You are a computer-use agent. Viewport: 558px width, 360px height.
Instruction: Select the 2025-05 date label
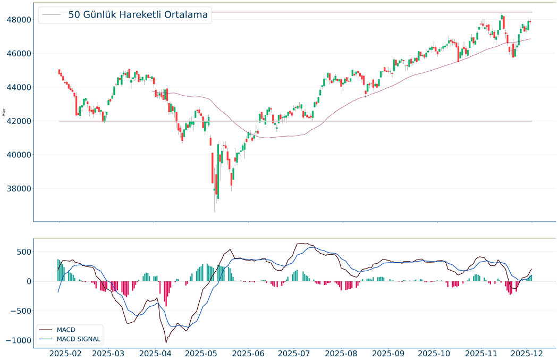click(x=202, y=353)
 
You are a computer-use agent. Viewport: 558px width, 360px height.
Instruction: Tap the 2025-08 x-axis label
click(x=342, y=353)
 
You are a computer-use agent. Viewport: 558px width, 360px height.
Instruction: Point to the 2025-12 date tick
click(x=527, y=353)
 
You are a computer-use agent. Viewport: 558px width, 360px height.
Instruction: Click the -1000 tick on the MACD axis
click(x=15, y=340)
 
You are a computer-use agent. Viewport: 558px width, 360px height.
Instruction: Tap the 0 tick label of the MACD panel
click(x=27, y=281)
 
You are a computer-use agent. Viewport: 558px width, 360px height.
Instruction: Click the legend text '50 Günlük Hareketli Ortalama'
click(x=138, y=15)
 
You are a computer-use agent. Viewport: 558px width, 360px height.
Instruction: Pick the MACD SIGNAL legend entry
click(x=78, y=339)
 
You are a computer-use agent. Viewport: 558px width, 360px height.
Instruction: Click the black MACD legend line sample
click(x=46, y=330)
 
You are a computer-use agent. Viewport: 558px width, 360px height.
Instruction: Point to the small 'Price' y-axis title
click(x=4, y=112)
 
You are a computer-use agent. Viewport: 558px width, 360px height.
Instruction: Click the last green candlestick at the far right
click(x=529, y=22)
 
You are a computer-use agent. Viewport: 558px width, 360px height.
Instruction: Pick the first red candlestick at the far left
click(x=59, y=72)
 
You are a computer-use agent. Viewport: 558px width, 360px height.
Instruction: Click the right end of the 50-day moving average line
click(x=530, y=38)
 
